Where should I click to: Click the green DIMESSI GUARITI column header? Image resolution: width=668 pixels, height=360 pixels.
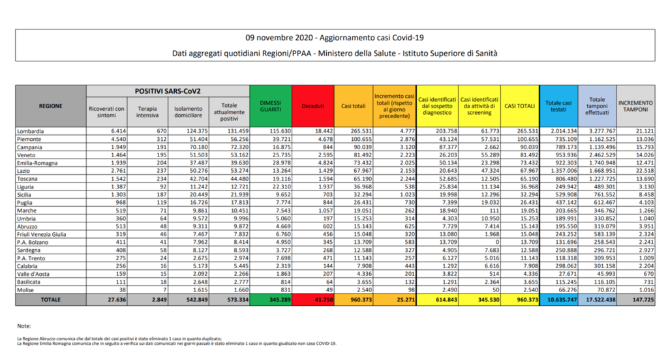[x=271, y=106]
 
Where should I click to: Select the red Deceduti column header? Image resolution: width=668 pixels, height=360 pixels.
[x=312, y=106]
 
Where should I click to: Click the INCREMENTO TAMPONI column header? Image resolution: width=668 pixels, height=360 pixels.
[x=635, y=106]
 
